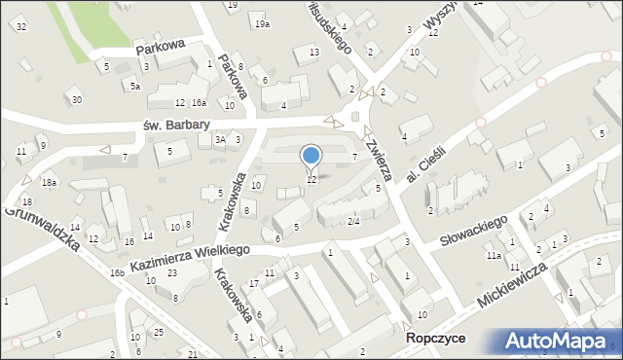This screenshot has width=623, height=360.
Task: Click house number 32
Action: point(21,25)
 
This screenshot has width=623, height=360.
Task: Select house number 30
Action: point(77,100)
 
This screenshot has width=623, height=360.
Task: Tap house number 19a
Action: point(261,23)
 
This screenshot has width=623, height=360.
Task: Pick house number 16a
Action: point(199,102)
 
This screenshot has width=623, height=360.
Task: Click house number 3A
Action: point(220,140)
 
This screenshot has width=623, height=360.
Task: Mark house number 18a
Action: point(49,182)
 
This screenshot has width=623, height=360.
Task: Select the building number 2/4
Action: point(354,221)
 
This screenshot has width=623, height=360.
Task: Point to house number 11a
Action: point(495,256)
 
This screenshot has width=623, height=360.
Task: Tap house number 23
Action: point(171,273)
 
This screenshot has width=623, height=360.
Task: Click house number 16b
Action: point(117,273)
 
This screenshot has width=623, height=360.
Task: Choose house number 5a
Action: point(136,87)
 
